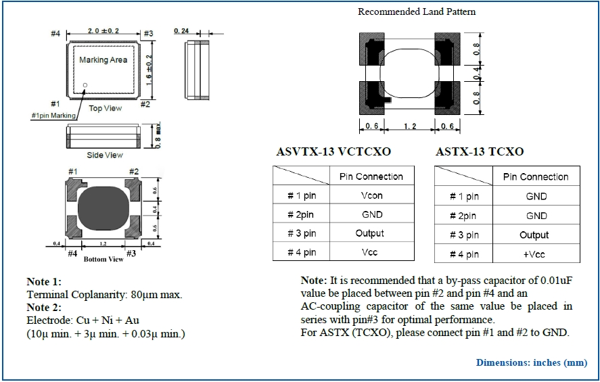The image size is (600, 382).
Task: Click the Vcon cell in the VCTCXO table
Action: pos(371,195)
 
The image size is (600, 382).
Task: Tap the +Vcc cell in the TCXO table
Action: pos(536,254)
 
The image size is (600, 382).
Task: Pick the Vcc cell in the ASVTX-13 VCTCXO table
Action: pos(371,252)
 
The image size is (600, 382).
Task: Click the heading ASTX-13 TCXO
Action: pos(479,151)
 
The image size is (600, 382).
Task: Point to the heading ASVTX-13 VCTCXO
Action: pos(333,151)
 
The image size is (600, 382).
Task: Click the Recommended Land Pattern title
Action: pos(417,11)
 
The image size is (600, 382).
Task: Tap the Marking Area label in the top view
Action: pos(103,60)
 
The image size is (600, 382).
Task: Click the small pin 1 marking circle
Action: pos(85,85)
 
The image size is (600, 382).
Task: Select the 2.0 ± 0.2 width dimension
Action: pos(103,31)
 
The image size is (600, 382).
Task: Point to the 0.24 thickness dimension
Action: pos(181,31)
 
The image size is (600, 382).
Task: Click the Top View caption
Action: pos(106,108)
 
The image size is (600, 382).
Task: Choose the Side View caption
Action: pos(104,156)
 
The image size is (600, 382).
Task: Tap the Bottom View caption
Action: pos(103,259)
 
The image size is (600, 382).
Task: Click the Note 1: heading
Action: pos(44,281)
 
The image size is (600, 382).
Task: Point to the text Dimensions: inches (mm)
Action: pos(531,362)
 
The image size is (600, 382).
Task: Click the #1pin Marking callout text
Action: pos(54,116)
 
